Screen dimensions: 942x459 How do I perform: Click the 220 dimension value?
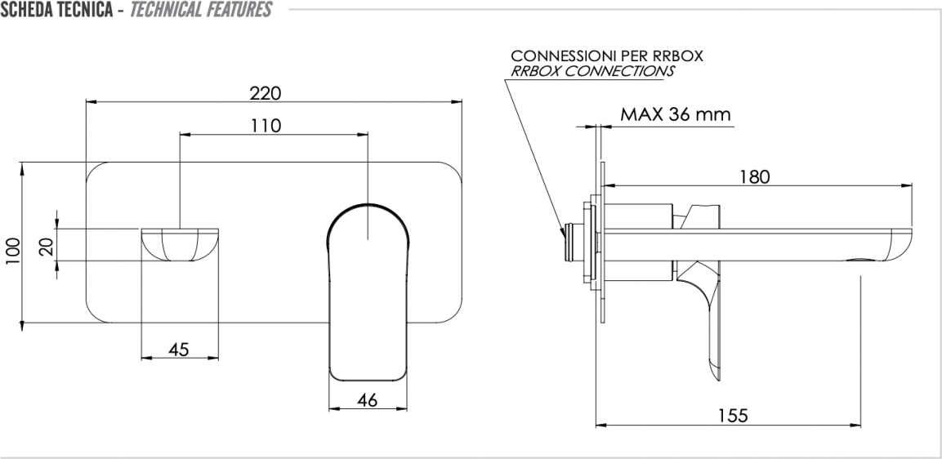[266, 93]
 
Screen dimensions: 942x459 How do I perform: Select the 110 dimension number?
[266, 126]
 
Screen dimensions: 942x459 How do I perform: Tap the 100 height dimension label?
[12, 252]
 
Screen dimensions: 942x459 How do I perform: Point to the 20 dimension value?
[47, 246]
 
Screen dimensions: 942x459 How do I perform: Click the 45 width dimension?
[178, 349]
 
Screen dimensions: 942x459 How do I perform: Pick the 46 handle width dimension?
[367, 400]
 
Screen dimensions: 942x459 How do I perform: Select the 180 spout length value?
[754, 176]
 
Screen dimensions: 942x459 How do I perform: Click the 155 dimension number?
[733, 415]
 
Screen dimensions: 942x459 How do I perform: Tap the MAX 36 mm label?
[676, 114]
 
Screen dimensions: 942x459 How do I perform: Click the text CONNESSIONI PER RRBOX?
[607, 56]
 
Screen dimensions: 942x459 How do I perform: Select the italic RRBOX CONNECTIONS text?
[592, 71]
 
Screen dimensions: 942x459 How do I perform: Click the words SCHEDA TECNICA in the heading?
[56, 10]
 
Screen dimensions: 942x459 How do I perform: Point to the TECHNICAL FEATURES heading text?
[201, 10]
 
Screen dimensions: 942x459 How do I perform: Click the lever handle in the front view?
[368, 292]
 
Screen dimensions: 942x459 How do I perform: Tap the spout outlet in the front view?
[180, 244]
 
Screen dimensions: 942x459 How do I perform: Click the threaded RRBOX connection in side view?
[574, 243]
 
